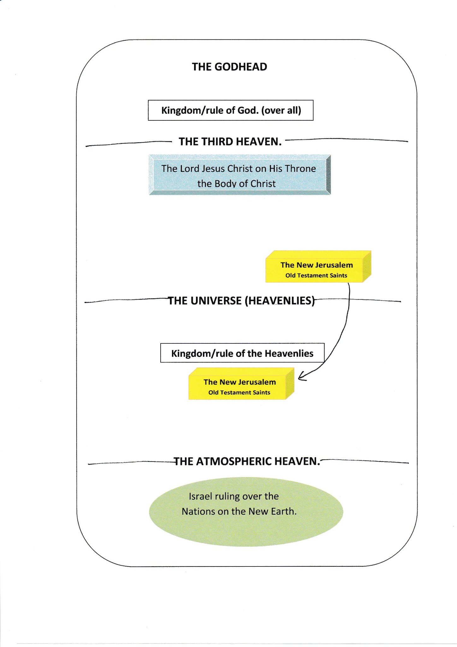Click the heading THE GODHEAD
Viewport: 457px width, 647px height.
[229, 67]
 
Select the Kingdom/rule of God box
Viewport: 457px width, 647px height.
[231, 110]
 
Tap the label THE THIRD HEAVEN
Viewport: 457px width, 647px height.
[230, 142]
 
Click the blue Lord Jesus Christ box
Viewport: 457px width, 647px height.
[240, 175]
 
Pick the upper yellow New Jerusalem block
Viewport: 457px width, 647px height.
[318, 266]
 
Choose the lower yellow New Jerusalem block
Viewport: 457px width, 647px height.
[241, 384]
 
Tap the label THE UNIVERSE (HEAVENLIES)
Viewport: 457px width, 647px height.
[241, 300]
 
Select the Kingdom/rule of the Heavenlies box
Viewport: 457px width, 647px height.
[242, 353]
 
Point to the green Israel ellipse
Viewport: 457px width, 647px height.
[246, 511]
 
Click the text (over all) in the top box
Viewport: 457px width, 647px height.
[281, 110]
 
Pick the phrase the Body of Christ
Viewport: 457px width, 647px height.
[236, 184]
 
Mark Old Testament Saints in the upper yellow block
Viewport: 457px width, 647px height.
[316, 275]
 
